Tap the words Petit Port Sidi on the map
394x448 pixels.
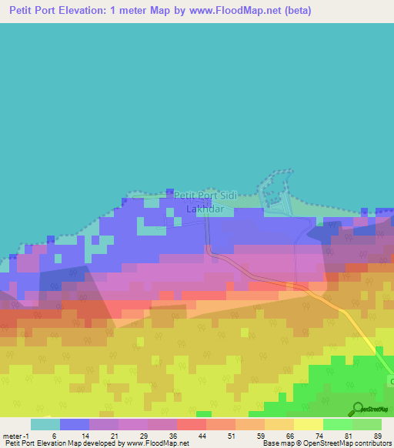[x=205, y=196]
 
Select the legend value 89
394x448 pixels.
[x=377, y=435]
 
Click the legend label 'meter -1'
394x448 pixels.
[x=16, y=435]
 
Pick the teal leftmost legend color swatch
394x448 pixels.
[x=45, y=424]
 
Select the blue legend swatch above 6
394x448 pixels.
[x=75, y=424]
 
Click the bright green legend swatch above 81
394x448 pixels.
[x=337, y=424]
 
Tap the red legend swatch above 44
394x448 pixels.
[x=191, y=424]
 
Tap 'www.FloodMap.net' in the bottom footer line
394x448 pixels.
[x=157, y=443]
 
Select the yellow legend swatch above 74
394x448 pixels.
[x=308, y=424]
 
